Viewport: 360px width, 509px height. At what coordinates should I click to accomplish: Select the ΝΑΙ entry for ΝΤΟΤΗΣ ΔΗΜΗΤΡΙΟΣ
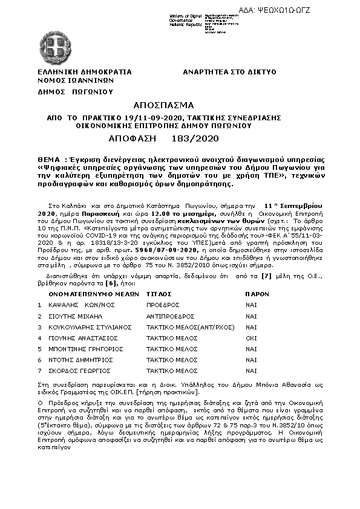251,360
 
